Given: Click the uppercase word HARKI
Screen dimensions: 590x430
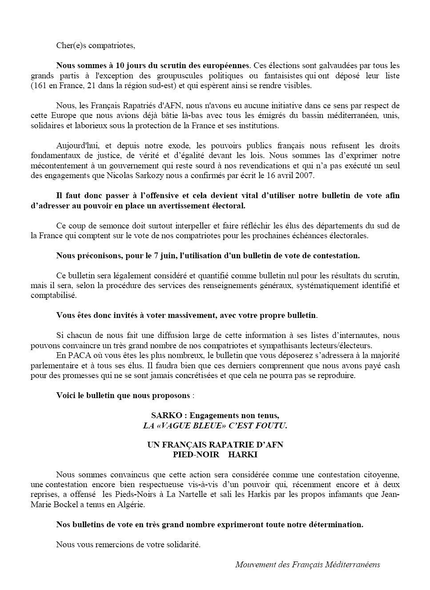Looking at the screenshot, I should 243,455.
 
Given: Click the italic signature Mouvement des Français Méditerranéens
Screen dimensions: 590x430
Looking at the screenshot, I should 308,565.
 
